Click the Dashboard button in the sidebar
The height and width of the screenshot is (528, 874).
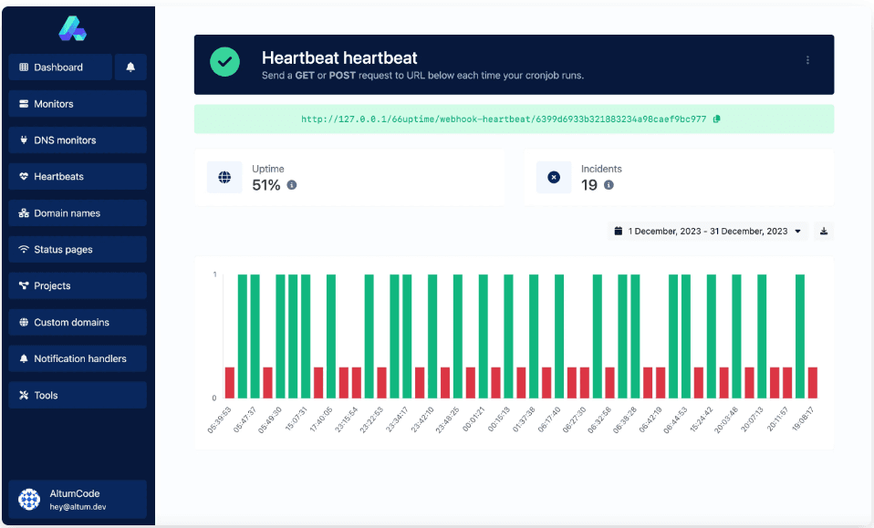click(60, 67)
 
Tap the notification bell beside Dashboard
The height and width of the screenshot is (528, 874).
click(130, 67)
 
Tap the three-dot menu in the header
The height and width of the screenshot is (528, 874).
click(807, 60)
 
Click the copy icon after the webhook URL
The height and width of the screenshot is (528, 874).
click(716, 119)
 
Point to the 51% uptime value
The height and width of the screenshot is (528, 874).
click(265, 185)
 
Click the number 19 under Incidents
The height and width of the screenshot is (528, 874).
click(589, 185)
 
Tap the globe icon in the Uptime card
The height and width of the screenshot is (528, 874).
click(224, 177)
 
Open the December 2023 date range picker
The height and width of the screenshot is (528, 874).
click(708, 232)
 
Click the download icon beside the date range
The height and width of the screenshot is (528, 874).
click(824, 232)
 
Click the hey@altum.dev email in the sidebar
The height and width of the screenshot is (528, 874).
click(78, 507)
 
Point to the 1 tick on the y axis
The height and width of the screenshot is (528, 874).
click(214, 274)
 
